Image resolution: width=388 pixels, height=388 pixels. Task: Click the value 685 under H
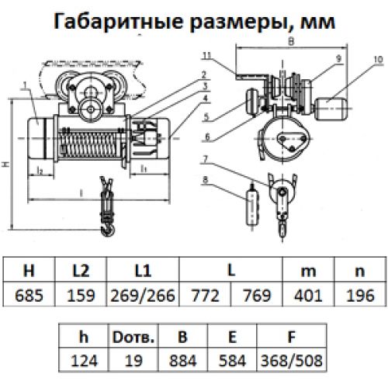click(x=29, y=295)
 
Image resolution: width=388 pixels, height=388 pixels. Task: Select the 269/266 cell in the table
click(x=143, y=295)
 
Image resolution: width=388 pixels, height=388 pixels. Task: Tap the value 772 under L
click(x=205, y=295)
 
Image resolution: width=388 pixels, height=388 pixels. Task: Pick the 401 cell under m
click(x=308, y=295)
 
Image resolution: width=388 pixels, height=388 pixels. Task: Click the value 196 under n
click(x=360, y=295)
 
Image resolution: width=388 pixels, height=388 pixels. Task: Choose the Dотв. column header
click(x=133, y=337)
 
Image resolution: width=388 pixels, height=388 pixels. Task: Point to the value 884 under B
click(x=183, y=361)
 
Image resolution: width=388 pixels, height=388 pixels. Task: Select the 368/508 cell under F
click(x=292, y=361)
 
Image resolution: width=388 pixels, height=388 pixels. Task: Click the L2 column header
click(x=81, y=271)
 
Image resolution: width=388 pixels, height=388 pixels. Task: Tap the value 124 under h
click(x=84, y=361)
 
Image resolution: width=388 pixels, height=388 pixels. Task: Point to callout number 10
click(x=378, y=60)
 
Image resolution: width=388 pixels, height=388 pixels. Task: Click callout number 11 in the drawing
click(x=207, y=55)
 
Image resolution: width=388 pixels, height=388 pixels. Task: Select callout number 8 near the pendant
click(x=206, y=179)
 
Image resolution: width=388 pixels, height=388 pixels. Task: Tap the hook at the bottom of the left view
click(x=108, y=229)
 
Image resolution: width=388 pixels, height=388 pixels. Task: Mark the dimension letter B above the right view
click(x=291, y=42)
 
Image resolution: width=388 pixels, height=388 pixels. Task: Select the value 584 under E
click(x=232, y=361)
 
